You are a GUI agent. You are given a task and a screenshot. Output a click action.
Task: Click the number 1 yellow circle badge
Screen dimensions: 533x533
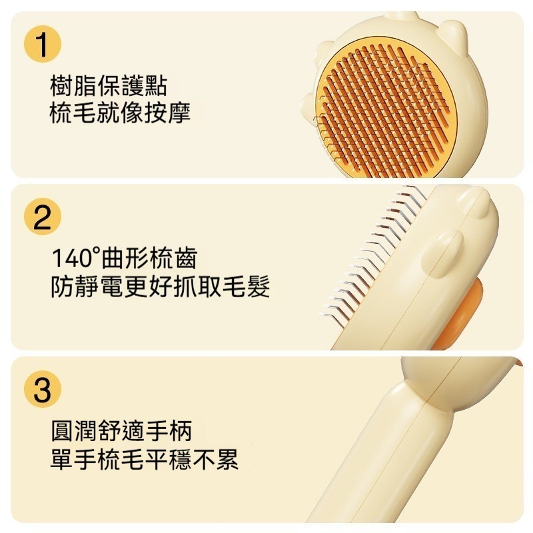pyautogui.click(x=43, y=45)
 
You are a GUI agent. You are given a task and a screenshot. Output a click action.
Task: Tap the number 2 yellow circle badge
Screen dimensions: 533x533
pyautogui.click(x=43, y=217)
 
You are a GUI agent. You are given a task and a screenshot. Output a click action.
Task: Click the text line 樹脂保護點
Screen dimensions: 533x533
pyautogui.click(x=109, y=87)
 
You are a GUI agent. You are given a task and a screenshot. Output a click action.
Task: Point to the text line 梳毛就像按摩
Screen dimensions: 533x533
pyautogui.click(x=120, y=113)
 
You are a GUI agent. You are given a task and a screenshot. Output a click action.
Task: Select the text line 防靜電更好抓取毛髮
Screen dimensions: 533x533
pyautogui.click(x=161, y=286)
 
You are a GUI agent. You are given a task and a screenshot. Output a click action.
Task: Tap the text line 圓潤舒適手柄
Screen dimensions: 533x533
pyautogui.click(x=121, y=431)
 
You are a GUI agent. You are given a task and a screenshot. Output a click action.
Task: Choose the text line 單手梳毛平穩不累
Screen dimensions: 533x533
pyautogui.click(x=145, y=459)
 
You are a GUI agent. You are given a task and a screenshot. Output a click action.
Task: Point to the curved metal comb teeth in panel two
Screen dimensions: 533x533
pyautogui.click(x=374, y=252)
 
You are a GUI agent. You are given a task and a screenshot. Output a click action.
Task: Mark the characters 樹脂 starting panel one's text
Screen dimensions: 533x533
pyautogui.click(x=73, y=87)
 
